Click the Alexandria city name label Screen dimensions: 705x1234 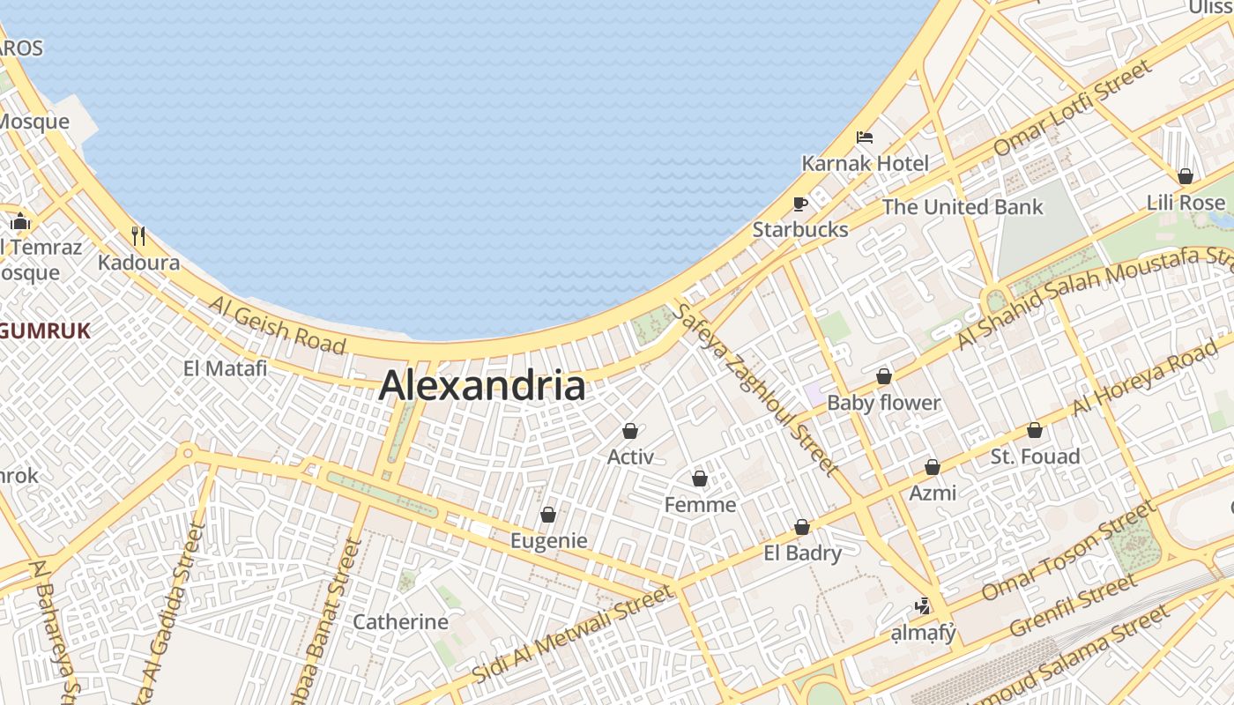point(482,386)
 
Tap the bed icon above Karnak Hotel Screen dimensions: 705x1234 point(865,137)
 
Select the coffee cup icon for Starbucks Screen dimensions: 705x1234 point(799,204)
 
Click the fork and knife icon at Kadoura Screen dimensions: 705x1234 point(138,235)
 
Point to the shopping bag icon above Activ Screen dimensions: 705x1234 point(630,431)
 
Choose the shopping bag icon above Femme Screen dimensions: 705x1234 point(700,479)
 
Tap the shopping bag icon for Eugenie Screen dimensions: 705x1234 point(548,515)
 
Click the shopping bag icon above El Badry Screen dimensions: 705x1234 point(802,527)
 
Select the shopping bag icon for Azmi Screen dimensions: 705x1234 point(933,467)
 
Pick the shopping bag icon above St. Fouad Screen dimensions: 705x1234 point(1035,431)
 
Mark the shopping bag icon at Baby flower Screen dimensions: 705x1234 point(884,377)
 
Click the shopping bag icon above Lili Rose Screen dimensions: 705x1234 point(1186,176)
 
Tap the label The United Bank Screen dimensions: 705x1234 point(963,207)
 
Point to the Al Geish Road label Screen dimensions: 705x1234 point(278,325)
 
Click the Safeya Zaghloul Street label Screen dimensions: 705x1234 point(754,388)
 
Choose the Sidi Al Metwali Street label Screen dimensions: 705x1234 point(572,634)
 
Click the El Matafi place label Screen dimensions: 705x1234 point(226,368)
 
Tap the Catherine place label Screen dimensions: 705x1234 point(401,621)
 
